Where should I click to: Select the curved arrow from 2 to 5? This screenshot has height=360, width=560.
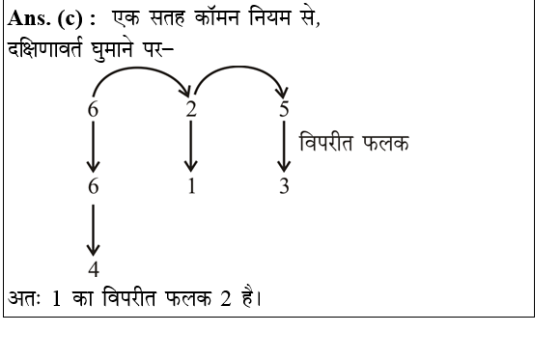238,70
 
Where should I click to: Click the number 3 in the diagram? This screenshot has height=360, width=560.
284,186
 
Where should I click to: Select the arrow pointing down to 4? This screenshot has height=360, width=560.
93,228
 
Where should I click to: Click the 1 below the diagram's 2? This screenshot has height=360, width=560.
191,186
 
